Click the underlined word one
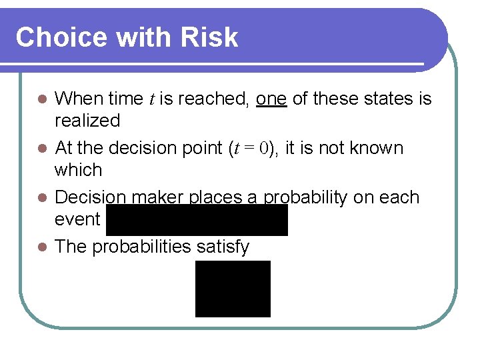tap(271, 99)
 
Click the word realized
tap(87, 121)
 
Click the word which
tap(79, 170)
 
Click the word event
tap(77, 219)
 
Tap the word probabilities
tap(142, 247)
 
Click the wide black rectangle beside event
tap(197, 220)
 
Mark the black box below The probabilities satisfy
tap(233, 289)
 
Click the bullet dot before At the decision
tap(42, 148)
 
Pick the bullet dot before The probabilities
tap(42, 247)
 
